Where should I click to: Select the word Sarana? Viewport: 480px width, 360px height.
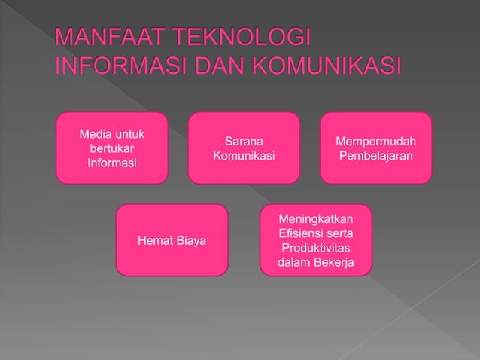(x=244, y=142)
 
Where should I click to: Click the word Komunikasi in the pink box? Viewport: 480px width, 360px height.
(x=244, y=156)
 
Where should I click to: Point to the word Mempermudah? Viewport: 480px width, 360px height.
(x=376, y=142)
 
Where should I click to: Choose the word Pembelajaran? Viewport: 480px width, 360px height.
(x=376, y=156)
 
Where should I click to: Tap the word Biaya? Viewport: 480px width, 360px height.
(x=190, y=241)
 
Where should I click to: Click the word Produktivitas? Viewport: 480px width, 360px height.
(x=316, y=248)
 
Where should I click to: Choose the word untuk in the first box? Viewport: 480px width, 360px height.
(x=129, y=135)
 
